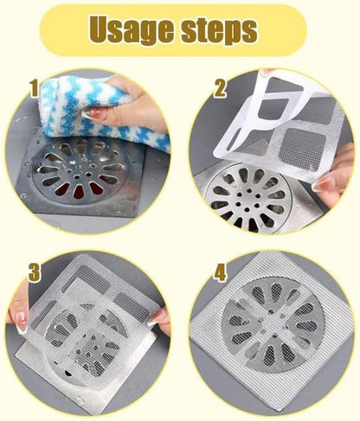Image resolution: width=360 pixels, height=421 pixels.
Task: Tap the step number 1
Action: pos(34,87)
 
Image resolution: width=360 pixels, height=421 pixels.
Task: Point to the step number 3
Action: pos(35,273)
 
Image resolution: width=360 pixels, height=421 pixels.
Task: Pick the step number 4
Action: pos(220,273)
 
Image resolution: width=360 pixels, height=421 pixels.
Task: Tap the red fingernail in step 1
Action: pos(93,114)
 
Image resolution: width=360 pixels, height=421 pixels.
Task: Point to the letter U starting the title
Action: pos(102,30)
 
